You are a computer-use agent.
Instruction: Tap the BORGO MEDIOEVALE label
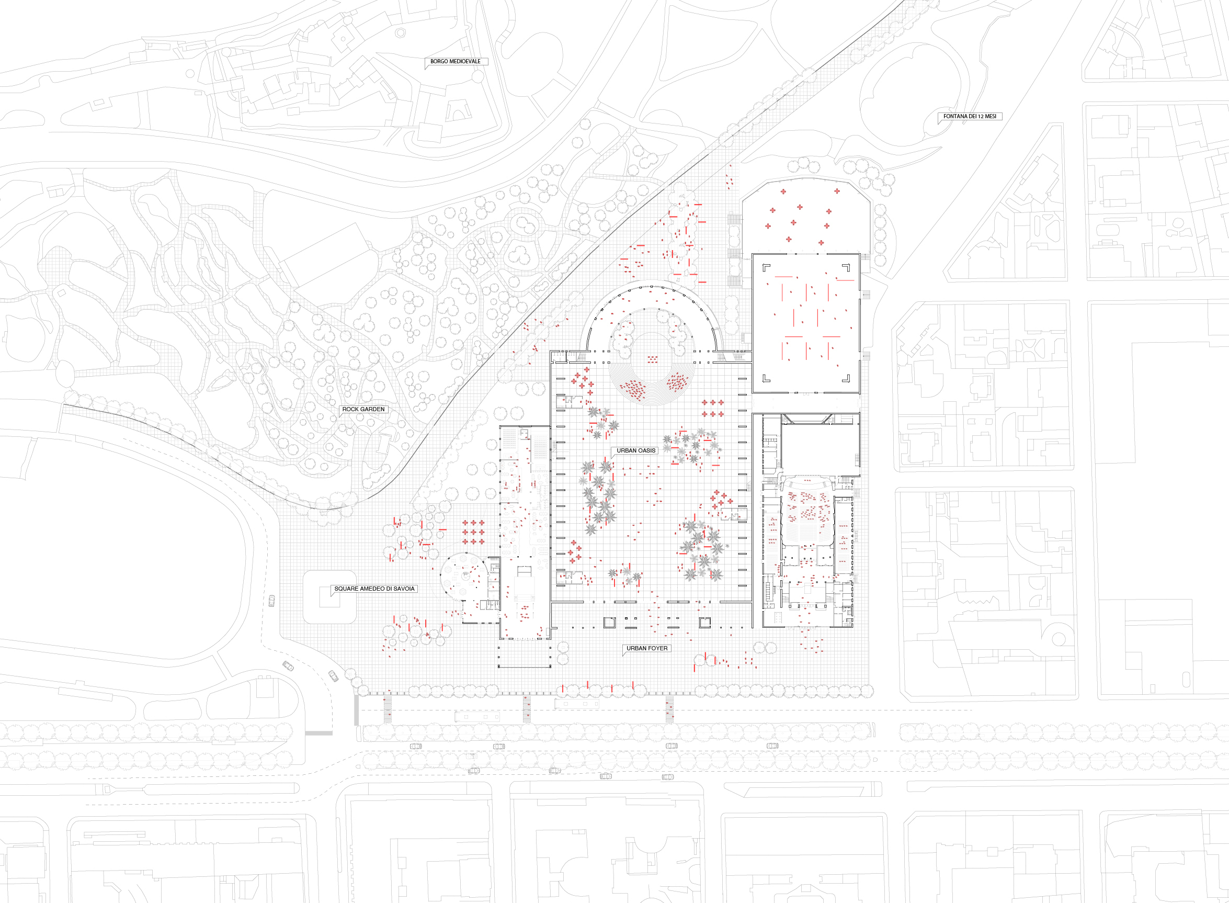pyautogui.click(x=455, y=61)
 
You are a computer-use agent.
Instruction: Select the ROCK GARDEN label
pyautogui.click(x=363, y=410)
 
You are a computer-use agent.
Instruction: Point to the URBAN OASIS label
pyautogui.click(x=636, y=450)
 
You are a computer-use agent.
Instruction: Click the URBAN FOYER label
pyautogui.click(x=647, y=648)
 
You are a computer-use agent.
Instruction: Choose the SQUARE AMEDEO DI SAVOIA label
pyautogui.click(x=374, y=589)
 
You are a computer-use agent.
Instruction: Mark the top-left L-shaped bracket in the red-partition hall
pyautogui.click(x=766, y=267)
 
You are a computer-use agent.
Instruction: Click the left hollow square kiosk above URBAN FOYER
pyautogui.click(x=609, y=623)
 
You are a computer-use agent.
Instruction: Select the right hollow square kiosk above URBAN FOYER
pyautogui.click(x=705, y=623)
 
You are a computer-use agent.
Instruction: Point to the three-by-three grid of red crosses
pyautogui.click(x=473, y=533)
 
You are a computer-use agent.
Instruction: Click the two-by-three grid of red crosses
pyautogui.click(x=713, y=408)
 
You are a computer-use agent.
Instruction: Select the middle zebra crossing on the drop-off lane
pyautogui.click(x=527, y=709)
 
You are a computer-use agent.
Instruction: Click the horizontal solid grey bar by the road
pyautogui.click(x=318, y=733)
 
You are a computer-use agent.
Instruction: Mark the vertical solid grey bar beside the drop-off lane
pyautogui.click(x=357, y=710)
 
